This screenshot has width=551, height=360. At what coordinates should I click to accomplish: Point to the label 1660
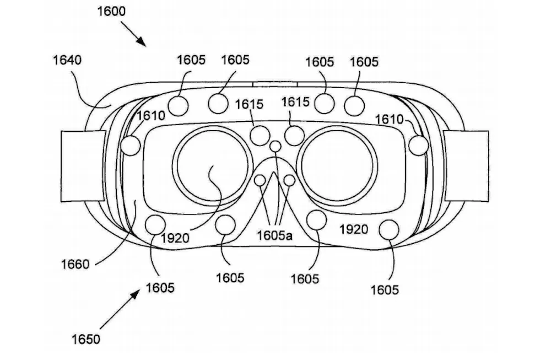[x=75, y=265]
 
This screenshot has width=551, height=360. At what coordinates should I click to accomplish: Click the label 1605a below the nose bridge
[x=274, y=235]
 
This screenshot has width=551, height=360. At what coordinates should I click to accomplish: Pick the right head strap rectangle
[x=466, y=165]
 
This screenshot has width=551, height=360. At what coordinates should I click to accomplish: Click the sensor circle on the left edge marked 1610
[x=131, y=145]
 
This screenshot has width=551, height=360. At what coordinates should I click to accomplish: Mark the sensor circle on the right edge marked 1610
[x=419, y=144]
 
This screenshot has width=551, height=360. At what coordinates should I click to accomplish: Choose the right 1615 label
[x=295, y=103]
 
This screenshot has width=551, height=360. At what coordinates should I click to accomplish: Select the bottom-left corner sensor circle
[x=154, y=225]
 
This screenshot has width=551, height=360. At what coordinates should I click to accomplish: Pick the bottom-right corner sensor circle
[x=390, y=229]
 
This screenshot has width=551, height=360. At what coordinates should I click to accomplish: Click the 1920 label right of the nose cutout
[x=353, y=229]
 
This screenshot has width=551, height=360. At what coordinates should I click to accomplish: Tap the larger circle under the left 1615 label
[x=260, y=134]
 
